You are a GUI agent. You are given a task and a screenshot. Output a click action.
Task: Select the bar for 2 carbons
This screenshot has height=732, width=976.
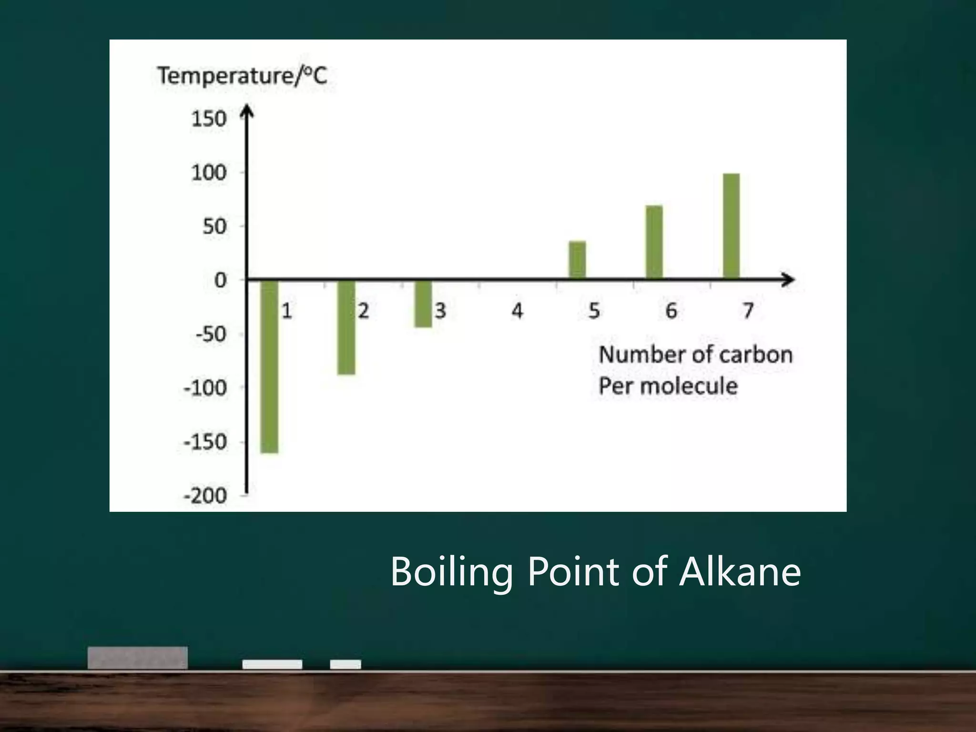tap(346, 327)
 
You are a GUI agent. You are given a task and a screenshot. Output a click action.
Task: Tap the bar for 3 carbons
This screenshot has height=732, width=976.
tap(423, 304)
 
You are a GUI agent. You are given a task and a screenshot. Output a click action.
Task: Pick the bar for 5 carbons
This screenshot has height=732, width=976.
tap(577, 260)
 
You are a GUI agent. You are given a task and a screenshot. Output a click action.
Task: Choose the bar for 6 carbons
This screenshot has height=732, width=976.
tap(654, 242)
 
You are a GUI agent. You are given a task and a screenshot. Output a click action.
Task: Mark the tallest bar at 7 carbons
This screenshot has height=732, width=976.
tap(731, 226)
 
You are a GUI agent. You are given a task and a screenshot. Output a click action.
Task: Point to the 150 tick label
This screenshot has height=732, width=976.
tap(208, 119)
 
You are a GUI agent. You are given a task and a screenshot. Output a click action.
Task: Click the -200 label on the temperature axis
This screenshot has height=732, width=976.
tap(205, 496)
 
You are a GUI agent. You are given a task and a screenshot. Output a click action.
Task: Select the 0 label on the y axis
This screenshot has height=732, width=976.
tap(220, 280)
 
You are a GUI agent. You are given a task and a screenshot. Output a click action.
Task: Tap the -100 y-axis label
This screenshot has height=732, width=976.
tap(205, 388)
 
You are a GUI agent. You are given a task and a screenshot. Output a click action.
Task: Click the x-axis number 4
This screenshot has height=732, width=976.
tap(517, 311)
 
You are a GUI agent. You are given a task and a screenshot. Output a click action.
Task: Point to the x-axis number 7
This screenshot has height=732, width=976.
tap(748, 311)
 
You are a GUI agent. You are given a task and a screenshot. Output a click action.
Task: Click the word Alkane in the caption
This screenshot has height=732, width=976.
tap(740, 571)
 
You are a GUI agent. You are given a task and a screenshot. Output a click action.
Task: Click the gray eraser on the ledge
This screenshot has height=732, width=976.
tap(138, 658)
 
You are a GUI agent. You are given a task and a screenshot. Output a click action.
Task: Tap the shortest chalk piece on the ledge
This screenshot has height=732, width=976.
tap(346, 664)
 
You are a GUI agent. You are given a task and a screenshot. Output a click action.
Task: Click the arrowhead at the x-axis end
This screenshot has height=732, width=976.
tap(788, 280)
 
